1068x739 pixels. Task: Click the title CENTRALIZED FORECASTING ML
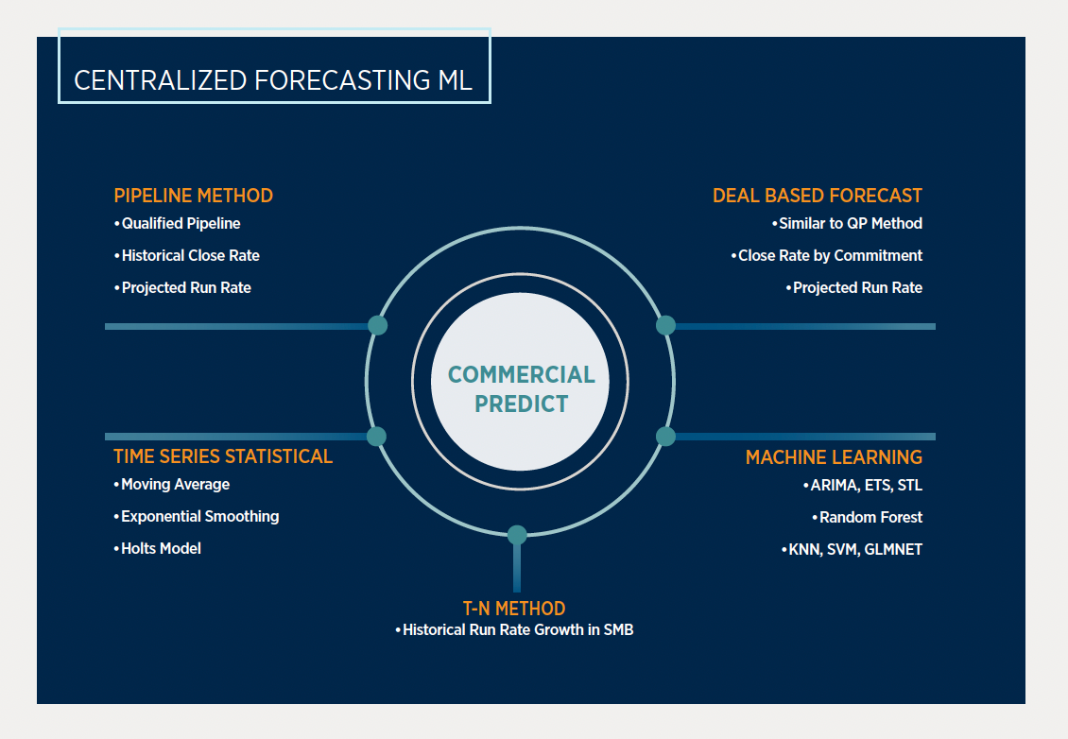click(273, 80)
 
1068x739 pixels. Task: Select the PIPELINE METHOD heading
click(193, 196)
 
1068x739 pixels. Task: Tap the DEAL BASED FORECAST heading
click(818, 196)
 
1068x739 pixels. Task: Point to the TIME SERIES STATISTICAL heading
click(223, 456)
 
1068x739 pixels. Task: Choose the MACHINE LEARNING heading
click(834, 457)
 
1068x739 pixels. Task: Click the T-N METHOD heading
click(514, 609)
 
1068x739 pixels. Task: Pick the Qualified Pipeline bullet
click(181, 224)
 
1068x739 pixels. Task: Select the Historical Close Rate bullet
click(190, 255)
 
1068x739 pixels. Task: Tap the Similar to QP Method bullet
click(850, 224)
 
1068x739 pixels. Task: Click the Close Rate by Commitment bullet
click(830, 255)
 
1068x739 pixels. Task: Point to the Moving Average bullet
click(175, 485)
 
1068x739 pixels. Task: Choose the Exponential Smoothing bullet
click(199, 517)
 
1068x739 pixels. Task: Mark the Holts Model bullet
click(161, 548)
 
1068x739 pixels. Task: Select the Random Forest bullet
click(870, 518)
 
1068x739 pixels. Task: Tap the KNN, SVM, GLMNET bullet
click(854, 549)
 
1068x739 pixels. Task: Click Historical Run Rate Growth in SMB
click(517, 629)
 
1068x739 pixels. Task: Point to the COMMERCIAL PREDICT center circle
click(521, 389)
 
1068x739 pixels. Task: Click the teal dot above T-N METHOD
click(517, 535)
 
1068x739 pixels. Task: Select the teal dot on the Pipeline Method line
click(377, 325)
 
